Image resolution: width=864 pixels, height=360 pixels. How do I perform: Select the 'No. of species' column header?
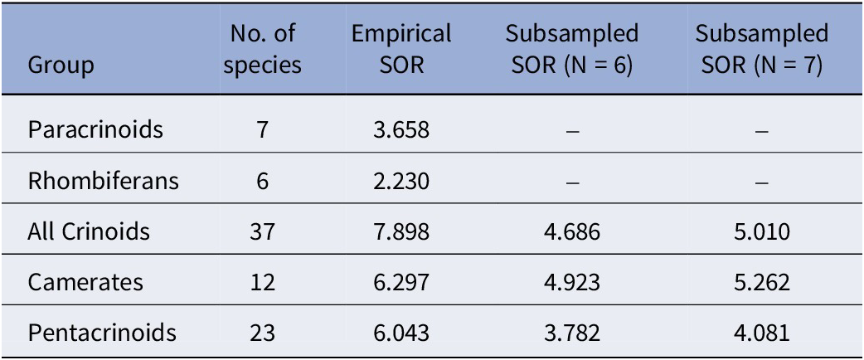pyautogui.click(x=262, y=50)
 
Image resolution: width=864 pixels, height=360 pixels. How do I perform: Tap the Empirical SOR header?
pyautogui.click(x=401, y=50)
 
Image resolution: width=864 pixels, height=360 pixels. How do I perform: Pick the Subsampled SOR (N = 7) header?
pyautogui.click(x=761, y=50)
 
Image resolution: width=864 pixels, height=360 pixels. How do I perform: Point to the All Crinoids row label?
pyautogui.click(x=89, y=231)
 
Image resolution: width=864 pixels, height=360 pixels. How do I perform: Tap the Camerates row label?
pyautogui.click(x=85, y=282)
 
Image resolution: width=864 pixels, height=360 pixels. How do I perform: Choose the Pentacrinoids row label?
pyautogui.click(x=102, y=333)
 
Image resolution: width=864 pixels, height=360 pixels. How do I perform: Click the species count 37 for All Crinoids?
pyautogui.click(x=262, y=231)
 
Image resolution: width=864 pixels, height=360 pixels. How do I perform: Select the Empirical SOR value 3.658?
pyautogui.click(x=401, y=130)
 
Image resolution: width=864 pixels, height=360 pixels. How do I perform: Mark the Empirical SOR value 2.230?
pyautogui.click(x=401, y=181)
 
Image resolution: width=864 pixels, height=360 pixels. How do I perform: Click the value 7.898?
pyautogui.click(x=401, y=231)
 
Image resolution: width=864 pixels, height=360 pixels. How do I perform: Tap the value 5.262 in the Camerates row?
pyautogui.click(x=761, y=282)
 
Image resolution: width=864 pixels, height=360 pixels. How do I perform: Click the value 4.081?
pyautogui.click(x=761, y=333)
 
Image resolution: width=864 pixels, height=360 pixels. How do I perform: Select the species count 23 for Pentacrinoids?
pyautogui.click(x=262, y=333)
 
